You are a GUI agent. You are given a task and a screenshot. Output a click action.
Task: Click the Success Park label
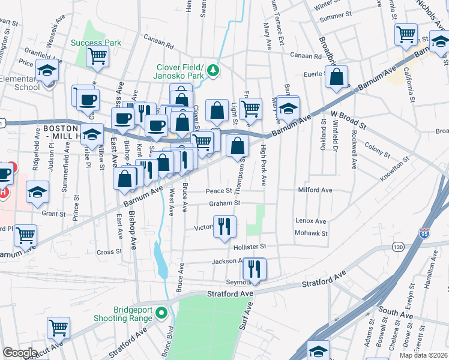(96, 43)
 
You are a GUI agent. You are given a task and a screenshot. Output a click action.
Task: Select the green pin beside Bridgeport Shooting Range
(160, 313)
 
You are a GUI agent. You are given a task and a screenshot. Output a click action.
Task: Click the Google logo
(20, 353)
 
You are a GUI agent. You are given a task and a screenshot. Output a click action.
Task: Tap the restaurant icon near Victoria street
(224, 226)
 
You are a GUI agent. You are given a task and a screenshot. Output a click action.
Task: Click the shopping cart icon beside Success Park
(97, 56)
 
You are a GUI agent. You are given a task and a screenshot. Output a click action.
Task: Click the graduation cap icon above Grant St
(37, 191)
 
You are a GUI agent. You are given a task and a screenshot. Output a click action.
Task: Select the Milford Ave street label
(315, 190)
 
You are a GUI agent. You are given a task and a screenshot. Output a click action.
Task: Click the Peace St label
(219, 191)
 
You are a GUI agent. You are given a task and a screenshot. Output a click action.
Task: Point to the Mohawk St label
(311, 233)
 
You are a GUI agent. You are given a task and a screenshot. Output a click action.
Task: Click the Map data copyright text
(423, 355)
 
